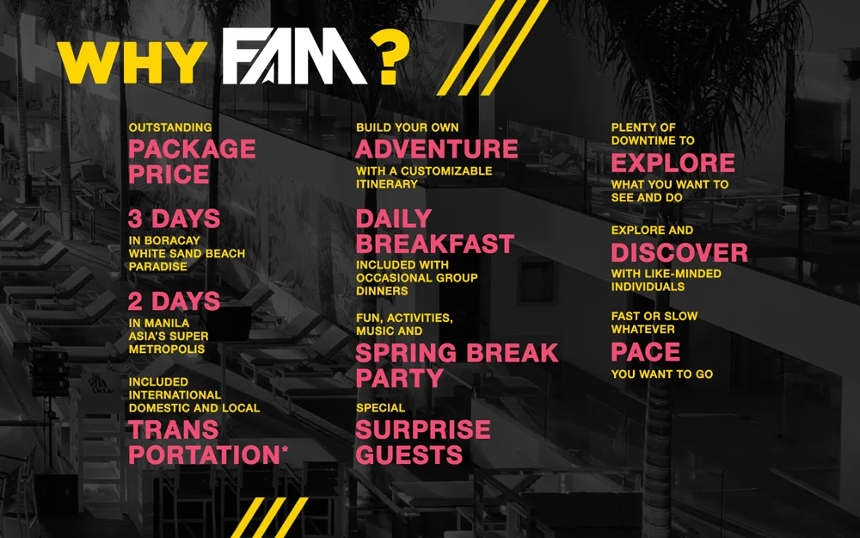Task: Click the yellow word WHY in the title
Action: [x=131, y=63]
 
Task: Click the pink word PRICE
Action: [x=169, y=175]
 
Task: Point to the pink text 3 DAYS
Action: [x=174, y=219]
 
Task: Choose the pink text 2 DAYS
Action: [x=174, y=301]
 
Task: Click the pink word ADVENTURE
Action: [x=437, y=149]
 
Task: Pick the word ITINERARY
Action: [x=386, y=184]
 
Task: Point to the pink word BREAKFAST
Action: [x=435, y=244]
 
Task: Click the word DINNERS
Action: [x=382, y=291]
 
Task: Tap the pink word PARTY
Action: [x=399, y=378]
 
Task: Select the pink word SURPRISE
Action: [x=423, y=429]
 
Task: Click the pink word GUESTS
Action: [x=409, y=455]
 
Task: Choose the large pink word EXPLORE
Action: [x=673, y=163]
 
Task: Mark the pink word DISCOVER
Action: [x=679, y=253]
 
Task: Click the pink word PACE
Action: [x=645, y=352]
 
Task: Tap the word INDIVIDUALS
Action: [x=648, y=287]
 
